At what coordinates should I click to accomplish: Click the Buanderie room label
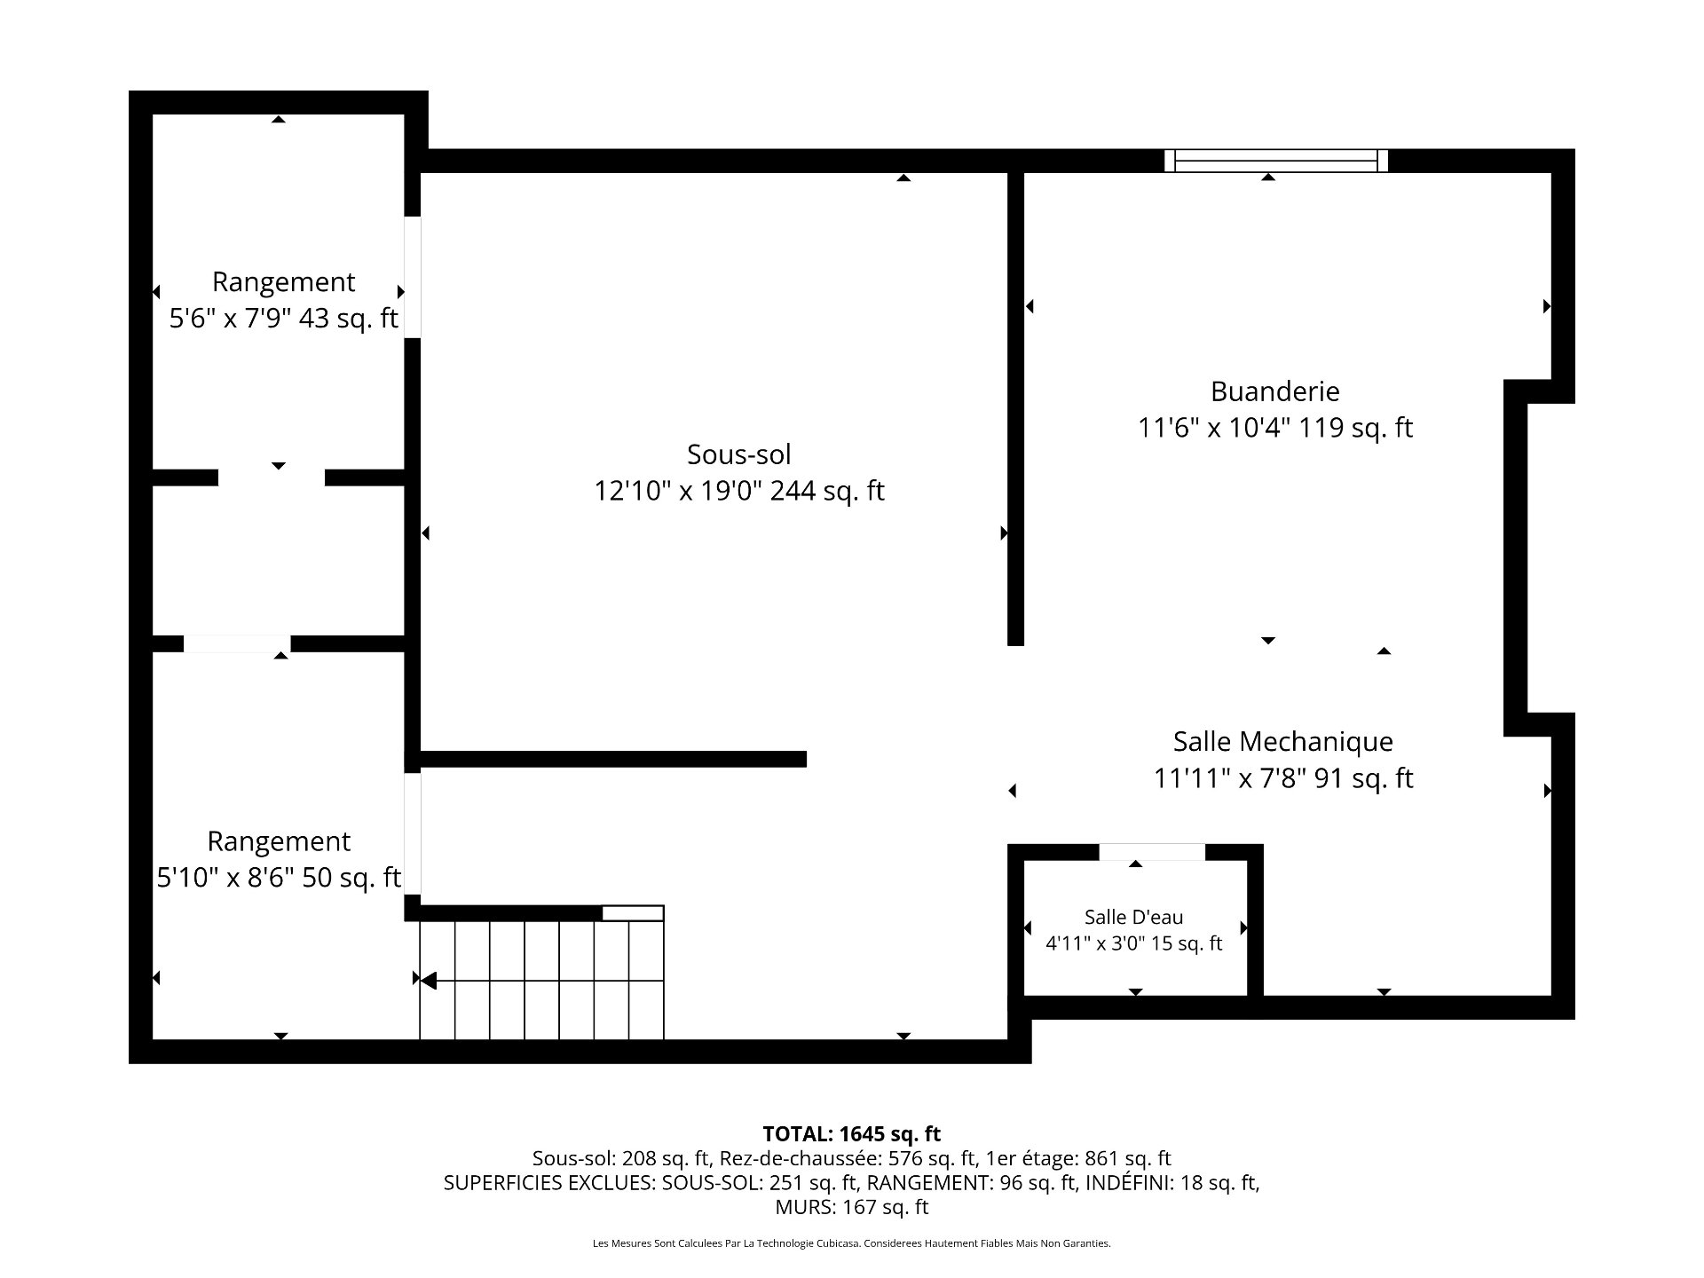coord(1274,391)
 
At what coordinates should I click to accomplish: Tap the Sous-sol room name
coord(738,454)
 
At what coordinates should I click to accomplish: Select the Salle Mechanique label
coord(1282,741)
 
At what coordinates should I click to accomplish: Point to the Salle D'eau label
coord(1133,917)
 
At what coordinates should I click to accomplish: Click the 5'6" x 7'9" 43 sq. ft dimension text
coord(283,318)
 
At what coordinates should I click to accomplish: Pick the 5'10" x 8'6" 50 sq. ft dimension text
coord(279,878)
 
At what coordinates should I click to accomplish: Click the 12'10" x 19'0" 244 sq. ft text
coord(738,491)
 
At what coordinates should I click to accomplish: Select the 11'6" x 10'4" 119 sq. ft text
coord(1274,428)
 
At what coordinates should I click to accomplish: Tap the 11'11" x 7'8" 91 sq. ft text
coord(1282,778)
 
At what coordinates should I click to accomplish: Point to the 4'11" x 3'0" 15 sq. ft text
coord(1133,943)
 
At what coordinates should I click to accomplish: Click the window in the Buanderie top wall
coord(1275,161)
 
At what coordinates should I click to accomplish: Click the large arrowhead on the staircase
coord(428,981)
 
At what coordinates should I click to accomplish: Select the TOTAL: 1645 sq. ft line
coord(851,1133)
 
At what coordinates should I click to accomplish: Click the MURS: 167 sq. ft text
coord(851,1207)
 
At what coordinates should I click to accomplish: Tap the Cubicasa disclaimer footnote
coord(851,1243)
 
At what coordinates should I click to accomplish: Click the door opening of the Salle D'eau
coord(1152,852)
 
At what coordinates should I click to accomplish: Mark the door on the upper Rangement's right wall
coord(413,277)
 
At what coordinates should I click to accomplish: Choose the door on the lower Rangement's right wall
coord(413,834)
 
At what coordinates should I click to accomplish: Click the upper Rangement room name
coord(283,281)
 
